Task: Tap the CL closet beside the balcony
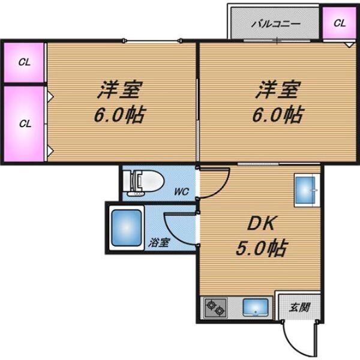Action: [339, 23]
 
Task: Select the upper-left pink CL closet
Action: [23, 61]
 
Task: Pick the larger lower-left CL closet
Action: [23, 124]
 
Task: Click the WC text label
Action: [181, 193]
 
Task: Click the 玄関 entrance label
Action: [298, 308]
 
